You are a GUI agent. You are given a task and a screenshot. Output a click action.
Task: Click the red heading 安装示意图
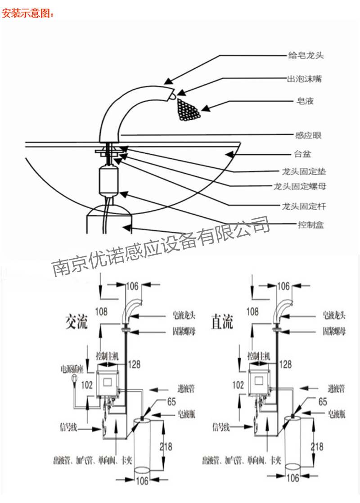point(28,13)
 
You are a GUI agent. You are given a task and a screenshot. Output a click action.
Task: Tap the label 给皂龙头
point(306,56)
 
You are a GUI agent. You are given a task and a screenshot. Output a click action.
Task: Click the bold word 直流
point(222,322)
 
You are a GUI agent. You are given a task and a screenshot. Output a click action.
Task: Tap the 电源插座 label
point(72,369)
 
